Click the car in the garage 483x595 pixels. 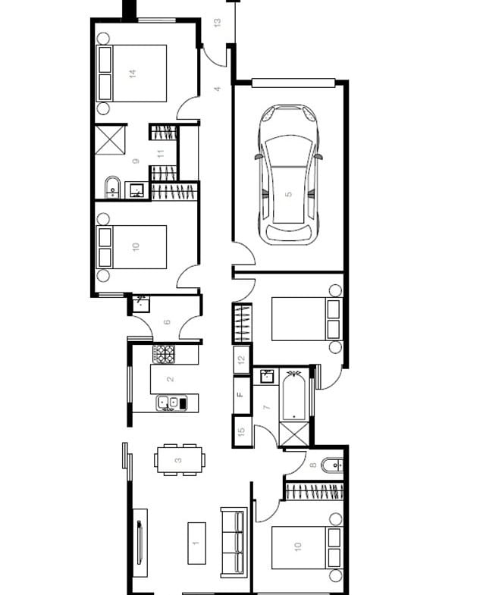click(x=289, y=175)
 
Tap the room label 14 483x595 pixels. click(x=133, y=74)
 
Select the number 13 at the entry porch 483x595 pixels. click(x=217, y=23)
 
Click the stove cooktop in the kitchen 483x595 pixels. click(x=164, y=354)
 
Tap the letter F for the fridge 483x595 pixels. click(x=240, y=395)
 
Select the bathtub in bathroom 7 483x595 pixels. click(x=294, y=396)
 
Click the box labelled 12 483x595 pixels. click(x=241, y=359)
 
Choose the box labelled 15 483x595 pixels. click(x=242, y=431)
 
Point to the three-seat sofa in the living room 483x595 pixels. click(x=234, y=543)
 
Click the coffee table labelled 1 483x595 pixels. click(x=196, y=543)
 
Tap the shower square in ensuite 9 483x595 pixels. click(x=110, y=140)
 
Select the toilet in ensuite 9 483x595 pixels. click(x=112, y=187)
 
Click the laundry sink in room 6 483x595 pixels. click(x=141, y=304)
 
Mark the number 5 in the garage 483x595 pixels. click(x=289, y=194)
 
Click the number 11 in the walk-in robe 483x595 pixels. click(x=161, y=154)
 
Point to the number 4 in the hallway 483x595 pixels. click(x=217, y=89)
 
